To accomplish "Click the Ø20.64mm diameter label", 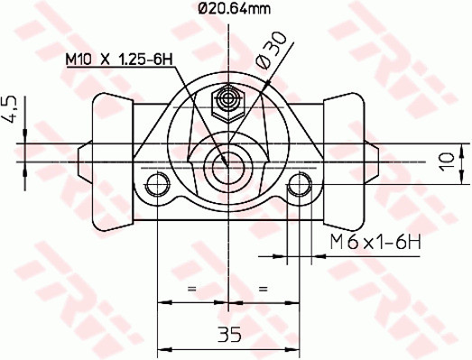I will tap(234, 10).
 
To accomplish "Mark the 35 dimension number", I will tap(229, 335).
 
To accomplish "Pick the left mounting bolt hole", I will tap(159, 187).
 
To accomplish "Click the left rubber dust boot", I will tap(106, 162).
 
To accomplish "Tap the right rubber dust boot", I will tap(347, 162).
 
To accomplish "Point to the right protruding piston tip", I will tap(372, 162).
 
